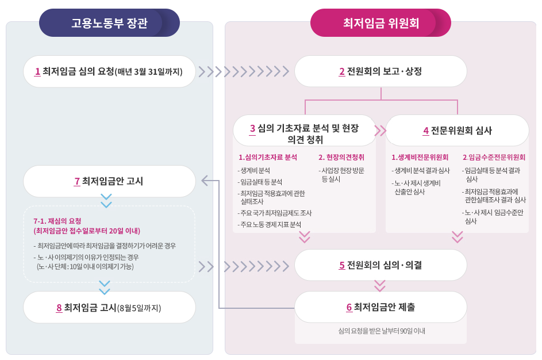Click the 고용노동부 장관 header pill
109,23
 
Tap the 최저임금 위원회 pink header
380,23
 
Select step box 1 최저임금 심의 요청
109,71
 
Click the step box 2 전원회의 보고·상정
380,71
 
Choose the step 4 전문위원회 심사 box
457,130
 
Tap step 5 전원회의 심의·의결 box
380,265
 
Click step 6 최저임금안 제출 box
380,307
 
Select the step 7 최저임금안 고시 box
109,181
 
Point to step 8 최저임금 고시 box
109,307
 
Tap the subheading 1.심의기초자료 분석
268,157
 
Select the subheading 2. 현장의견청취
341,157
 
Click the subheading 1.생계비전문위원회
420,157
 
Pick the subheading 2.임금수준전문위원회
494,157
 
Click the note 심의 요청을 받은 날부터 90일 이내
380,331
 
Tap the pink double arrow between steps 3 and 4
380,131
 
